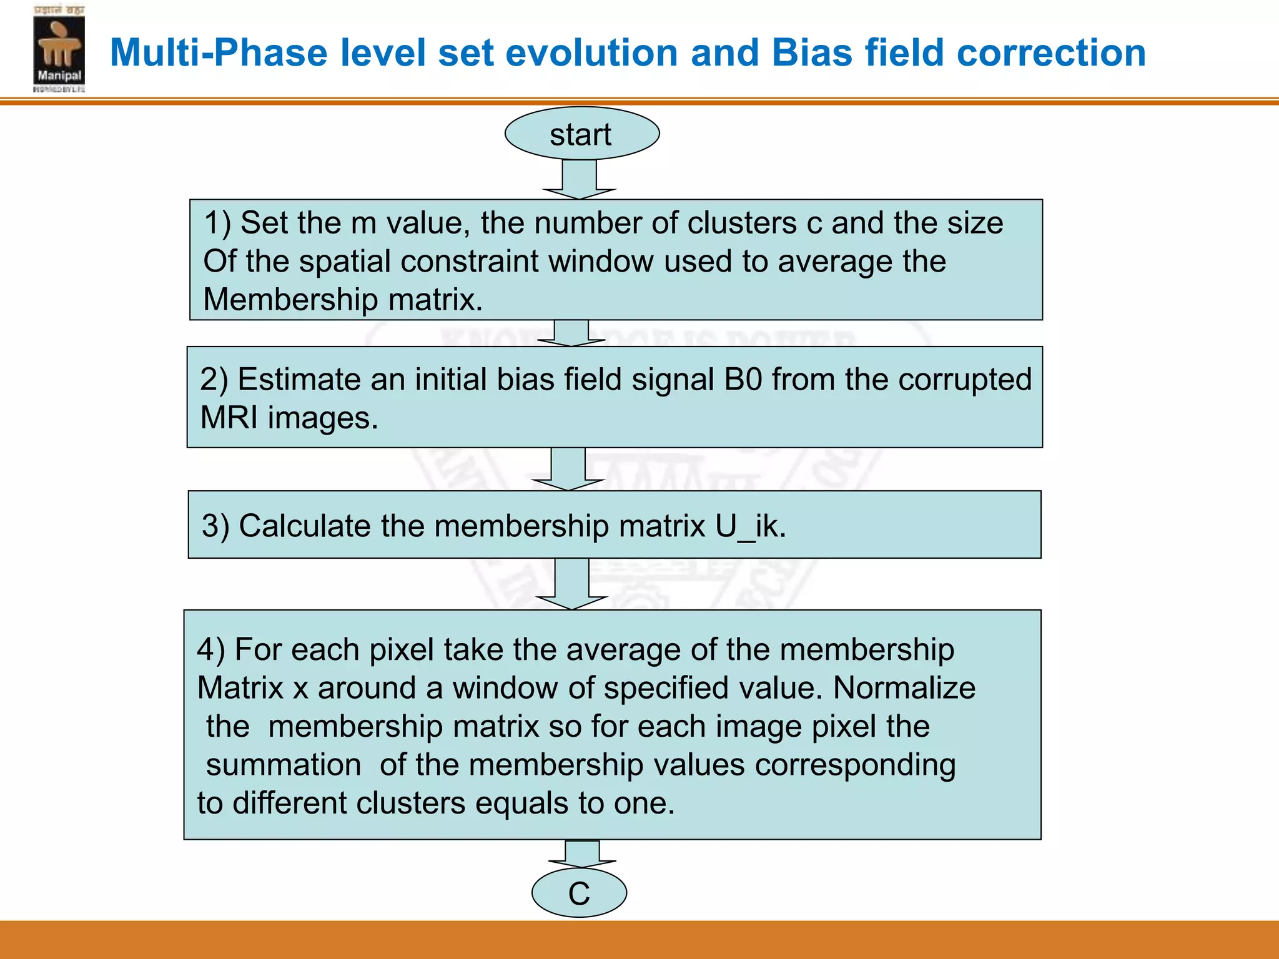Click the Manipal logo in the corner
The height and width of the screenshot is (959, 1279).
coord(59,50)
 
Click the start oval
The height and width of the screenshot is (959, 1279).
coord(581,134)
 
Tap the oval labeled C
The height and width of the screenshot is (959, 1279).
coord(579,893)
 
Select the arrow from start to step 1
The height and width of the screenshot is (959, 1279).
coord(580,180)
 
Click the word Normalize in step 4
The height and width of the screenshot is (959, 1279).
coord(904,688)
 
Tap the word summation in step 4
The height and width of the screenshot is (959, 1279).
coord(284,765)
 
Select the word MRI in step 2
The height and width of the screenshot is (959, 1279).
coord(229,418)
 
